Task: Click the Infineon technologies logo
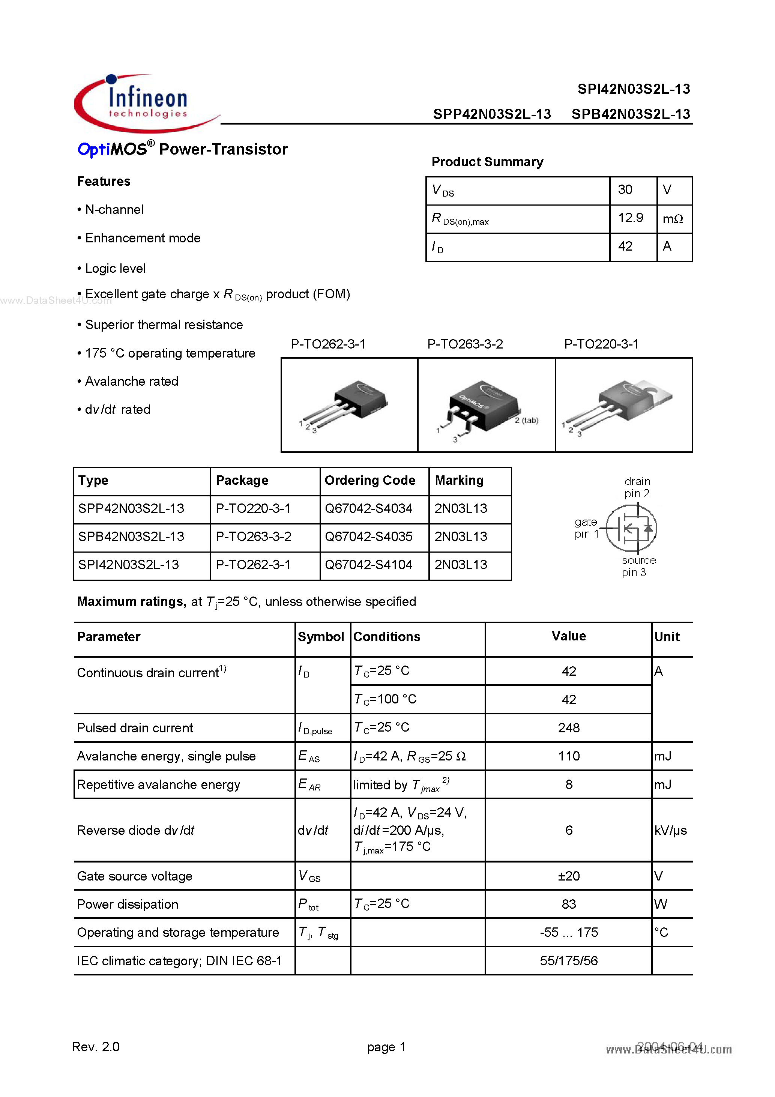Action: tap(143, 103)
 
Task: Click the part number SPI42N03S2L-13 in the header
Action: tap(633, 89)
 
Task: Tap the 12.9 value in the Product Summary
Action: tap(630, 218)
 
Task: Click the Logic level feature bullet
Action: tap(115, 269)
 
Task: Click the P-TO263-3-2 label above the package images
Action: tap(464, 344)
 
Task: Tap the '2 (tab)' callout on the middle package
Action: tap(527, 421)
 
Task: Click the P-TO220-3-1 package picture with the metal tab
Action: tap(623, 405)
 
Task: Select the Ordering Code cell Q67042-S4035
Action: tap(368, 536)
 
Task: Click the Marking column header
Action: tap(459, 480)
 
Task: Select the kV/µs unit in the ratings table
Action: tap(670, 830)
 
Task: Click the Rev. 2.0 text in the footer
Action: tap(96, 1047)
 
